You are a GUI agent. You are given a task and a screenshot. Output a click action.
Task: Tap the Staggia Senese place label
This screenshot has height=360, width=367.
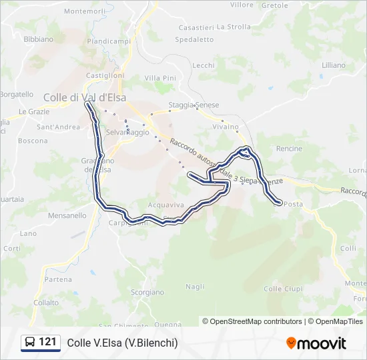pyautogui.click(x=194, y=105)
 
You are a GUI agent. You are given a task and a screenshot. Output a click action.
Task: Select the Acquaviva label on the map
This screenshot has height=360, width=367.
pyautogui.click(x=166, y=206)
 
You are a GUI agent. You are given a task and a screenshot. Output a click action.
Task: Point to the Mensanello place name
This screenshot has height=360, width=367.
pyautogui.click(x=67, y=215)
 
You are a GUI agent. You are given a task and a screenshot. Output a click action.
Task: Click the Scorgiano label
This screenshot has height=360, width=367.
pyautogui.click(x=147, y=292)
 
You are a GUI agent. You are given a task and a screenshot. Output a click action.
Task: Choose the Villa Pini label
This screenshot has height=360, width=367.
pyautogui.click(x=160, y=78)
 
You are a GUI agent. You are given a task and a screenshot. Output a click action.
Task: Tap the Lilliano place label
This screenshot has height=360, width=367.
pyautogui.click(x=334, y=65)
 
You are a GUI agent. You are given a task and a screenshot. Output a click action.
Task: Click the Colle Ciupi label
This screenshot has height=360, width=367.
pyautogui.click(x=283, y=289)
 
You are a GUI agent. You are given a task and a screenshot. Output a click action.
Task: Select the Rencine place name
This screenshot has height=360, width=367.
pyautogui.click(x=289, y=149)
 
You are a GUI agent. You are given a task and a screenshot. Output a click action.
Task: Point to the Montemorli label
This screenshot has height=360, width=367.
pyautogui.click(x=85, y=11)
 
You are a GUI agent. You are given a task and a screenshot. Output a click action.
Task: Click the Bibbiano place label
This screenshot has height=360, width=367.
pyautogui.click(x=38, y=39)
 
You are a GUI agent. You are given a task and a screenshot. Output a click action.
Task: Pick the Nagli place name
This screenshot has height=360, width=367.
pyautogui.click(x=195, y=287)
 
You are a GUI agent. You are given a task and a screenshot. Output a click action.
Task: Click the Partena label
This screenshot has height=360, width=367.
pyautogui.click(x=59, y=279)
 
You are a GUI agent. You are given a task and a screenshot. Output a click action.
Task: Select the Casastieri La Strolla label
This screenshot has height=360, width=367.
pyautogui.click(x=215, y=27)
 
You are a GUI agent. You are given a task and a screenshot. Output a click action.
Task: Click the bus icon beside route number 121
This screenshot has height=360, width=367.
pyautogui.click(x=31, y=343)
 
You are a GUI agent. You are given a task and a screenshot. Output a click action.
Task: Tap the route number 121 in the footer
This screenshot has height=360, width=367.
pyautogui.click(x=47, y=342)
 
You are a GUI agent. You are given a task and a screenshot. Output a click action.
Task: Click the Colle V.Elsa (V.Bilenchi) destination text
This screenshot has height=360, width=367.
pyautogui.click(x=122, y=343)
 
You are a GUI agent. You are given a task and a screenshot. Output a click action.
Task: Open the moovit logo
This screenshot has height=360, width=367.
pyautogui.click(x=316, y=343)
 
